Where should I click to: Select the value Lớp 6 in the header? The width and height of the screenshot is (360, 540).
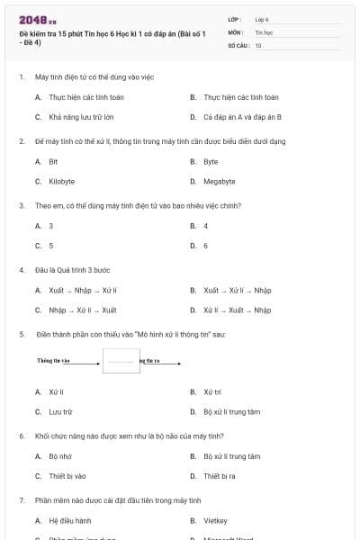262,18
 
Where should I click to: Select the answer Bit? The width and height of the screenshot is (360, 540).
53,161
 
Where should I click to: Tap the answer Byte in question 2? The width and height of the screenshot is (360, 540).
211,161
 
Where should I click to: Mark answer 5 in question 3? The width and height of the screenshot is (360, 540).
51,245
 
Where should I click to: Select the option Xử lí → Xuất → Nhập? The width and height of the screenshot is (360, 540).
238,310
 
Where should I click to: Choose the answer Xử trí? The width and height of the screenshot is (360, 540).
212,391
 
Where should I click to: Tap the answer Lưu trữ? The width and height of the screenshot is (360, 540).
60,411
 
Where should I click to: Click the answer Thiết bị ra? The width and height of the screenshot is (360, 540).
219,475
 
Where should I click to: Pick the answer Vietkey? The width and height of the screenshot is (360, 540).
214,520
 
